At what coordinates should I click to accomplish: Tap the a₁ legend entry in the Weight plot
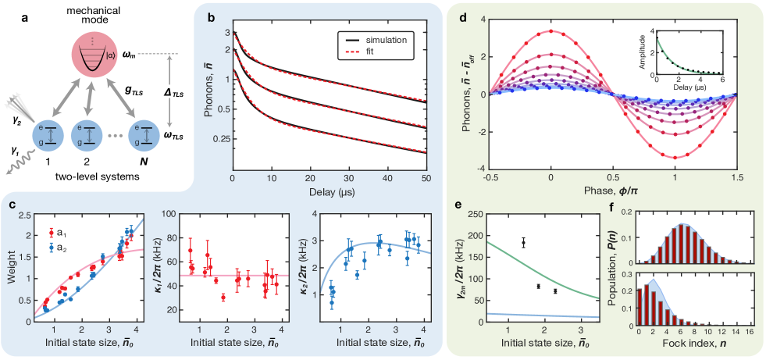59,232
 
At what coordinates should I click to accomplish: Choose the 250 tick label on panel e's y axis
472,212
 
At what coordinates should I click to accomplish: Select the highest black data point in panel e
523,243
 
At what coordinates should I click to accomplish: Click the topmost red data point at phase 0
551,31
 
